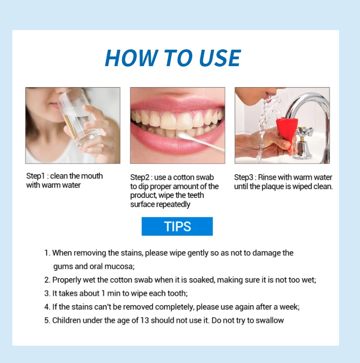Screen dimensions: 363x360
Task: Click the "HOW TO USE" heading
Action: [x=172, y=58]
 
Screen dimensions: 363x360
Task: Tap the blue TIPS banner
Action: [x=177, y=226]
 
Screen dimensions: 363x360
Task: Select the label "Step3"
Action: [x=244, y=177]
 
